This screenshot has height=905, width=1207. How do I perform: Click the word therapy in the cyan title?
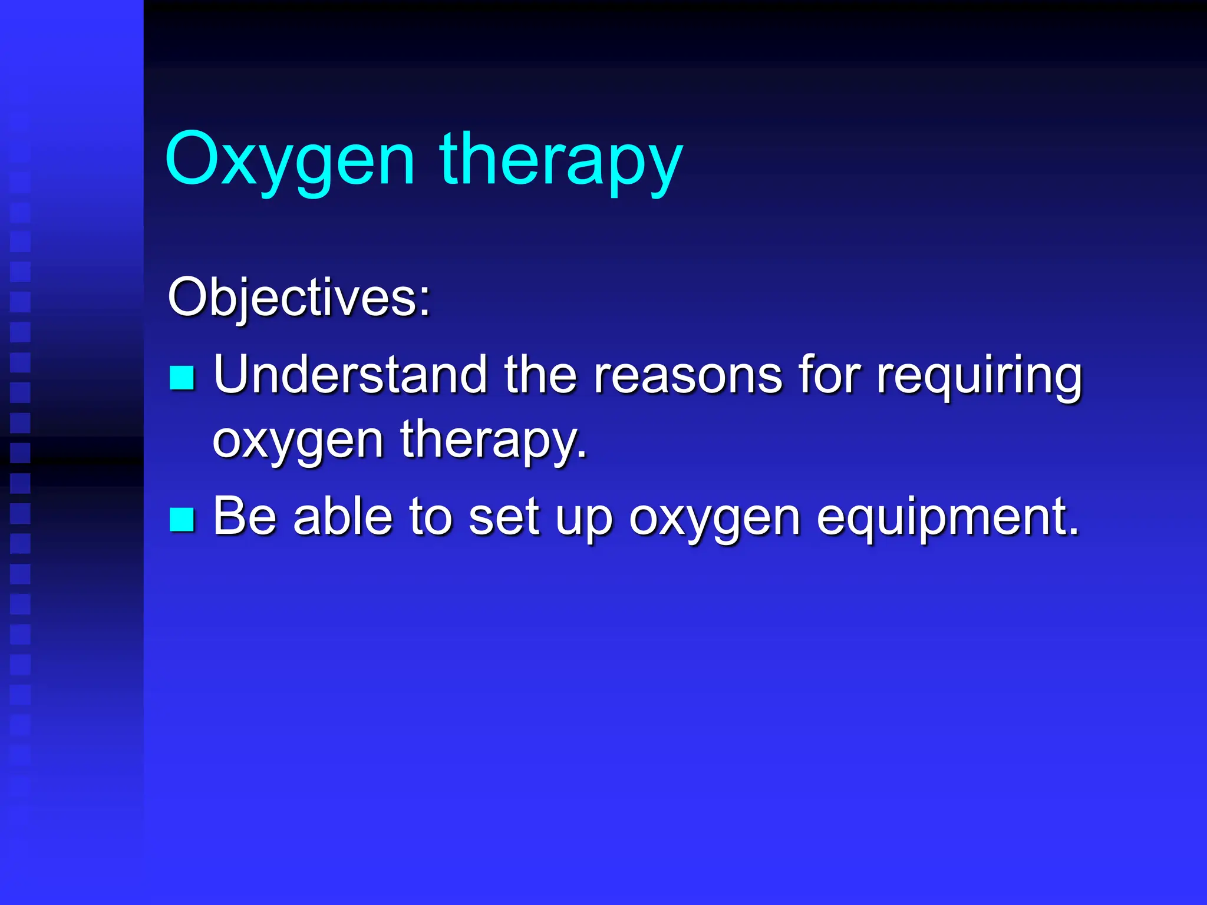(x=560, y=160)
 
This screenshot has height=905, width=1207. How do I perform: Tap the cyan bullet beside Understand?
(x=182, y=378)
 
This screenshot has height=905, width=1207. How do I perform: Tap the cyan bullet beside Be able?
(x=182, y=519)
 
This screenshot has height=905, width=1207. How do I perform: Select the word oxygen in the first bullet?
(x=298, y=442)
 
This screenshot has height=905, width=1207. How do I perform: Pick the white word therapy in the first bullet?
(x=493, y=442)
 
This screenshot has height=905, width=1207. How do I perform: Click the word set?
(x=504, y=517)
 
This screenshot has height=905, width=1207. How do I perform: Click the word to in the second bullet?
(x=430, y=517)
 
